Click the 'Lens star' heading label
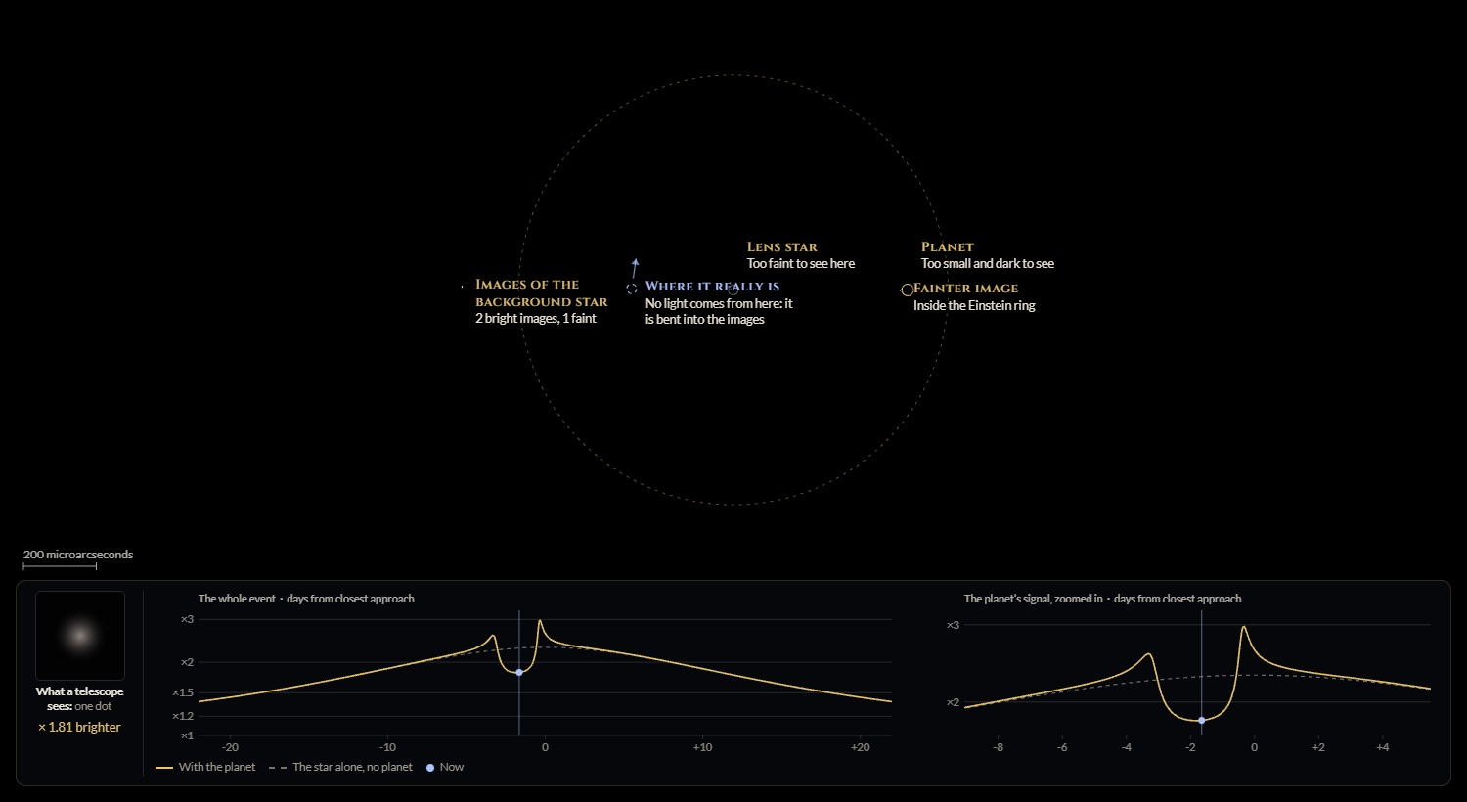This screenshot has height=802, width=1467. [782, 247]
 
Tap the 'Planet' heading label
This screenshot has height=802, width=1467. [947, 247]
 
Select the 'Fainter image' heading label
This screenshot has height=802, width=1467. [965, 289]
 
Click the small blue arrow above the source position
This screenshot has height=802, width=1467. [635, 268]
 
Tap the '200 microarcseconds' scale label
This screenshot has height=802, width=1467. [78, 555]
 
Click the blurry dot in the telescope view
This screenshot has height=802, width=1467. [80, 635]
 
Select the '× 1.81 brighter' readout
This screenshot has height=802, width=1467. [79, 727]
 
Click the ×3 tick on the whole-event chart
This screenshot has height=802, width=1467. [188, 619]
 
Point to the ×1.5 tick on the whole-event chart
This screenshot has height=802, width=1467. [183, 692]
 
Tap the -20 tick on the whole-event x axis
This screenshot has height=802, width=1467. [230, 747]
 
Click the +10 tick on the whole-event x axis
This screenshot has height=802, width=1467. [703, 747]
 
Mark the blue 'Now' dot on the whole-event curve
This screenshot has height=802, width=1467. [519, 672]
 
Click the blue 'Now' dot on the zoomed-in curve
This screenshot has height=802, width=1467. [1202, 720]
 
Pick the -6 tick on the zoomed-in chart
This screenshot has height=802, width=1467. [1062, 747]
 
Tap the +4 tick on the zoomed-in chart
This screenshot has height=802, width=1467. [1383, 747]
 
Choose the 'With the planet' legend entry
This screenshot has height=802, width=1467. [205, 767]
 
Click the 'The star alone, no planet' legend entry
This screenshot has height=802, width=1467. [340, 767]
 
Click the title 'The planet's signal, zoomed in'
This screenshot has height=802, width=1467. [1033, 599]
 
